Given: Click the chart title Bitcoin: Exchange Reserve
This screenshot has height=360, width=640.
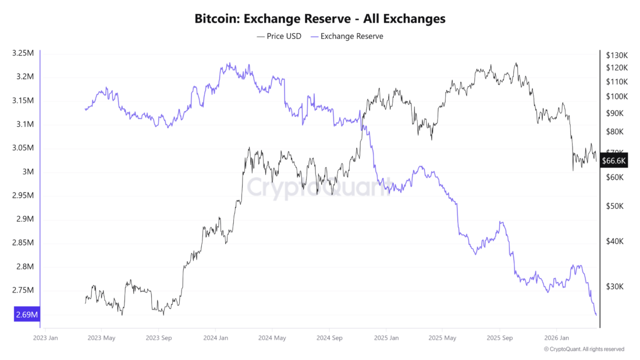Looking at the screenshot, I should [x=320, y=19].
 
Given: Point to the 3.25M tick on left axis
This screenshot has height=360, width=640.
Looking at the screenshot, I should [x=23, y=53].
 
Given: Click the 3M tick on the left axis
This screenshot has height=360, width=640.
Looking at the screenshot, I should [x=27, y=172].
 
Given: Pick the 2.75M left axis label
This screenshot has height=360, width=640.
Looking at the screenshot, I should [x=23, y=291].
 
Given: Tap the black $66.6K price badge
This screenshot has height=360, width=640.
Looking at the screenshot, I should [x=613, y=161].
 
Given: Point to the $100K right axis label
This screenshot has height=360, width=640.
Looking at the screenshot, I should [x=617, y=97].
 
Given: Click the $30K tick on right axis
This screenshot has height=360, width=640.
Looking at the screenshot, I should [x=615, y=287].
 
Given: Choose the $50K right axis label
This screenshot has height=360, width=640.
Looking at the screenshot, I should [x=615, y=206].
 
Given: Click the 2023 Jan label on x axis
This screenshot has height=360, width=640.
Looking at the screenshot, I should [x=45, y=337].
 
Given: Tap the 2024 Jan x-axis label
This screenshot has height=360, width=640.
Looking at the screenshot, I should [x=215, y=337].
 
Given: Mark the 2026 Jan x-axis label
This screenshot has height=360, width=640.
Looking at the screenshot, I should [x=555, y=337].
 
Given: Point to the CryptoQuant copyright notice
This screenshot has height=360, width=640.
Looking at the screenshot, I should [x=584, y=349].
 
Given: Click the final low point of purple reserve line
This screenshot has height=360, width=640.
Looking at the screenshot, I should [x=596, y=315].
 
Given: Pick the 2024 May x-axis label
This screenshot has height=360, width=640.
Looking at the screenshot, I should [x=272, y=337].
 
